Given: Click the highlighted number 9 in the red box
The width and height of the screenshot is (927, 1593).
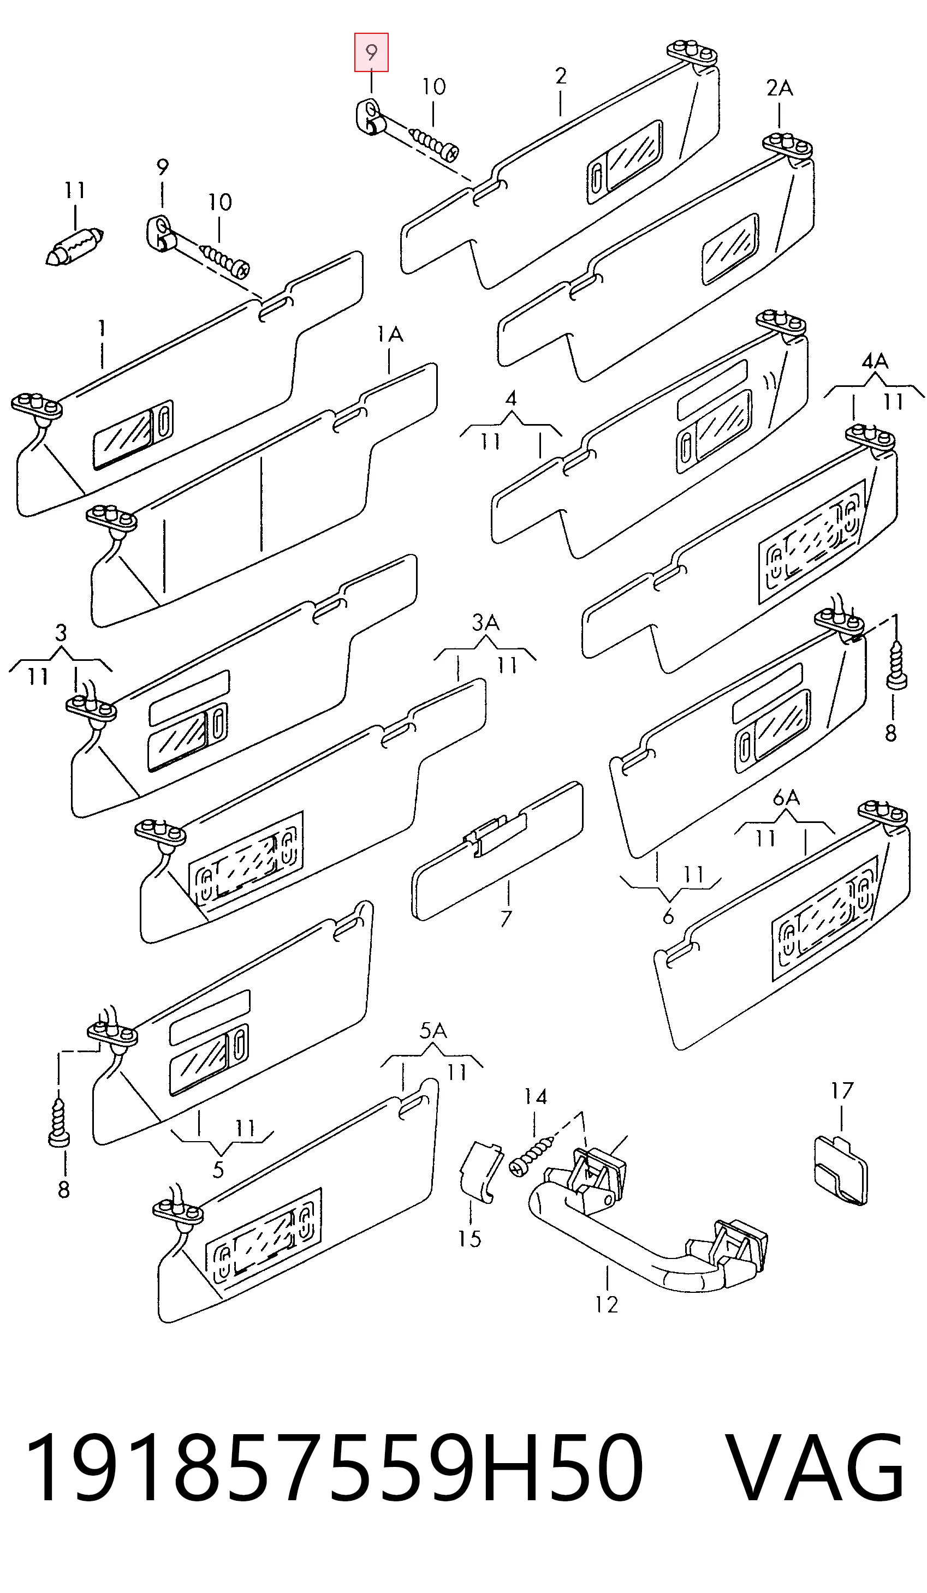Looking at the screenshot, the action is tap(371, 52).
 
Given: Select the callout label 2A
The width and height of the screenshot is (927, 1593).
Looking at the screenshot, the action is tap(779, 88).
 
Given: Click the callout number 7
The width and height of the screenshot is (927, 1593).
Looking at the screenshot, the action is tap(506, 918).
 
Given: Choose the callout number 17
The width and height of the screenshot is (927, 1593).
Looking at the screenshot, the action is tap(842, 1090).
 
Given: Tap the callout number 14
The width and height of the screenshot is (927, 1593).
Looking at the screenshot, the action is tap(535, 1097).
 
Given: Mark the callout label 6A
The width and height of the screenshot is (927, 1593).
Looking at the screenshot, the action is tap(786, 798).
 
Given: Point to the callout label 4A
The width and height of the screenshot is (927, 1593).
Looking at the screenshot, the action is tap(875, 362).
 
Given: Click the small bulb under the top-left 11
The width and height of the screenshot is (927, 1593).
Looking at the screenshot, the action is tap(75, 248).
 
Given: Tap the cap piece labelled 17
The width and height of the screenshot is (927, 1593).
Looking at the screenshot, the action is tap(840, 1171).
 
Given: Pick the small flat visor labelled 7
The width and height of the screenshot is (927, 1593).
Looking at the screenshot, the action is tap(497, 851).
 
